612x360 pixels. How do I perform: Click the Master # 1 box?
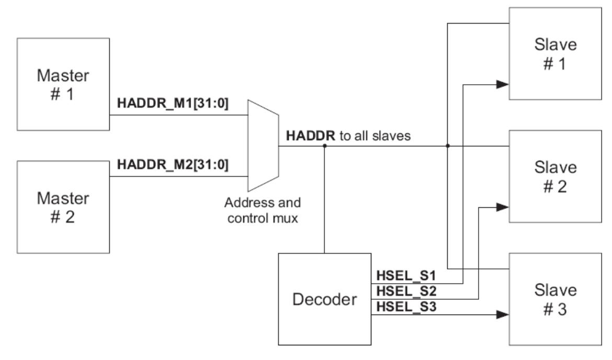(63, 84)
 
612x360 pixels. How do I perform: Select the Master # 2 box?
(63, 207)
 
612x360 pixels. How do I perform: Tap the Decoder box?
(325, 299)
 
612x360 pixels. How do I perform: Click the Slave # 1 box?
(555, 53)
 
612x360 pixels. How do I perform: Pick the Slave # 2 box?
(555, 176)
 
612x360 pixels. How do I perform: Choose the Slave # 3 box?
(555, 299)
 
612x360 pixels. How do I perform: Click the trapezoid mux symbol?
(263, 145)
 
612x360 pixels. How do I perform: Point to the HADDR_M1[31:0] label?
(173, 103)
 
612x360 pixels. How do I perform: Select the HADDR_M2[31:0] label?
(173, 164)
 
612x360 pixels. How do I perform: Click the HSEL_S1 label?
(406, 276)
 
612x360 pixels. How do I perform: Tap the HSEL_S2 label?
(406, 291)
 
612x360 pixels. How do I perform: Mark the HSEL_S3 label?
(406, 307)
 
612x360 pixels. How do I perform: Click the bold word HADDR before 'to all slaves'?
(310, 136)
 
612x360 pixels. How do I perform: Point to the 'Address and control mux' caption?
(263, 210)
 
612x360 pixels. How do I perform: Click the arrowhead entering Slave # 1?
(503, 84)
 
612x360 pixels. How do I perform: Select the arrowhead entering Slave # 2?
(503, 207)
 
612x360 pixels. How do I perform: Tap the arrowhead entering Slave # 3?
(503, 314)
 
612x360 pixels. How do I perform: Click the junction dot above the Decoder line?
(325, 146)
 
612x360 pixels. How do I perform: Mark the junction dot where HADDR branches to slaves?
(448, 146)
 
